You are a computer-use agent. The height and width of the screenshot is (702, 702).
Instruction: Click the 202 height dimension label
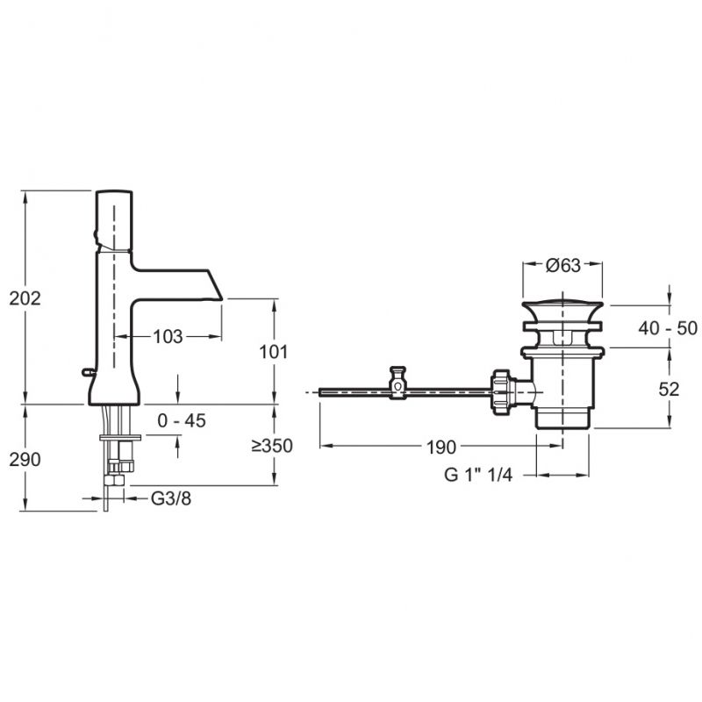tap(25, 298)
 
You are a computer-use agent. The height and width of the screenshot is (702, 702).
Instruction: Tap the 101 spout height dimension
tap(275, 352)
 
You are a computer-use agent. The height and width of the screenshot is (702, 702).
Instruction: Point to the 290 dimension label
tap(25, 459)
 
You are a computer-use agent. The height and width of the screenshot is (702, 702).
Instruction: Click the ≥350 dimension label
tap(271, 446)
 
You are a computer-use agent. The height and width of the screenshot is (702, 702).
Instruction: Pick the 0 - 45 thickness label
tap(182, 421)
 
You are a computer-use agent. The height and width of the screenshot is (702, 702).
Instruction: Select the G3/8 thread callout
tap(170, 498)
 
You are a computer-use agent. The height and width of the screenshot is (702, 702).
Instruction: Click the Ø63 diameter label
tap(562, 266)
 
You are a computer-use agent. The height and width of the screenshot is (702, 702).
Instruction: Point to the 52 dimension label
tap(669, 390)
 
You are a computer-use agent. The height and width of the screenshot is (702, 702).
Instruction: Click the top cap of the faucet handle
tap(115, 193)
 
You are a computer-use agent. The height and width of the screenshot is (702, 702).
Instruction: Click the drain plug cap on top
tap(562, 308)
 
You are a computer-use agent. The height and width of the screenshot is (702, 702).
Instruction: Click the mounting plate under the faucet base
tap(119, 436)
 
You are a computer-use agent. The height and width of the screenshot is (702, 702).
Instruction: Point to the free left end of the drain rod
tap(321, 392)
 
